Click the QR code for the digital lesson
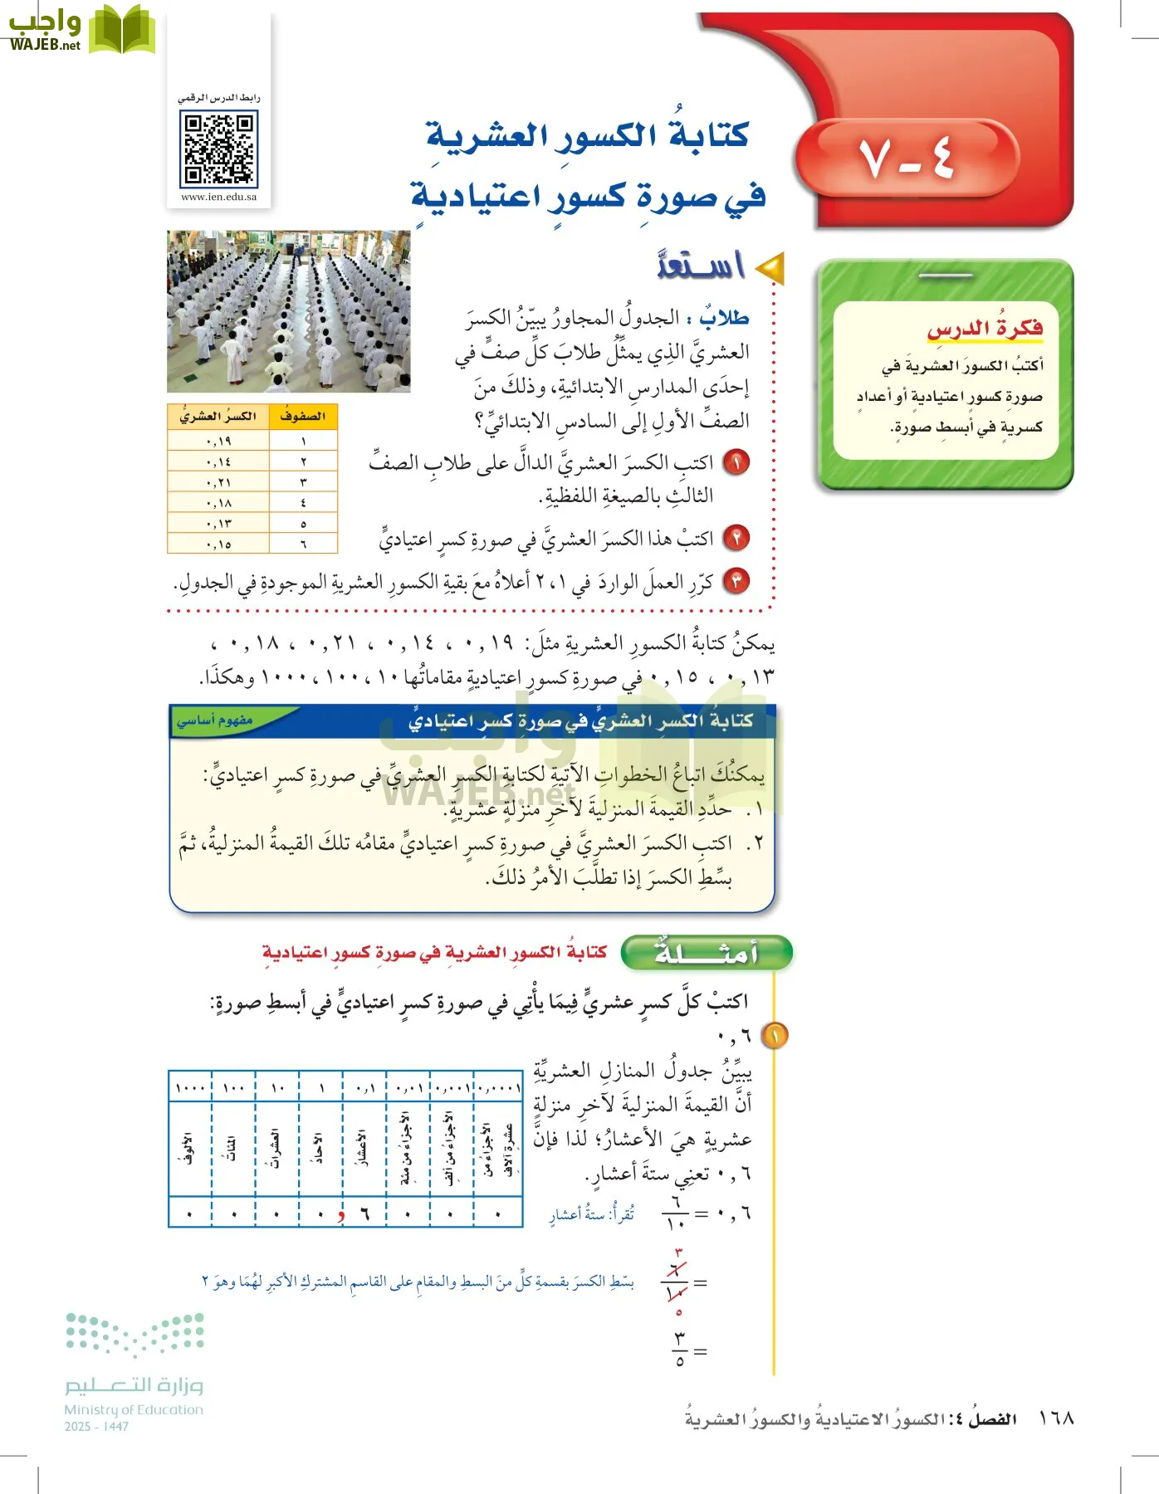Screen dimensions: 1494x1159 pos(219,149)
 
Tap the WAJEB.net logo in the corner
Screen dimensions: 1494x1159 pos(81,30)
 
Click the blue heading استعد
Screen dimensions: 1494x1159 pos(701,265)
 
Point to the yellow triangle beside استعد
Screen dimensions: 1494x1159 pos(770,267)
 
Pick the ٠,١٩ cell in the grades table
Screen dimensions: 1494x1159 pos(218,441)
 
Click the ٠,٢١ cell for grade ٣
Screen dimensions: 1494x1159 pos(218,482)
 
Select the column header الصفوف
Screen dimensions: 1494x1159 pos(303,417)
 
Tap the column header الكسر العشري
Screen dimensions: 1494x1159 pos(218,417)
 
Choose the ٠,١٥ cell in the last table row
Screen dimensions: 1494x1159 pos(218,544)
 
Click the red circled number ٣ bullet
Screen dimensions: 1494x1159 pos(736,581)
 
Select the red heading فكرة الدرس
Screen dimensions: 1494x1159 pos(985,329)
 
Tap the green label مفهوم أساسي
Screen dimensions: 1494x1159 pos(215,720)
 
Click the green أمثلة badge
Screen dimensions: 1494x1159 pos(707,953)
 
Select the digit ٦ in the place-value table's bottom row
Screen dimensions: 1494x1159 pos(364,1213)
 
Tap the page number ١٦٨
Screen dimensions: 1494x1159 pos(1056,1418)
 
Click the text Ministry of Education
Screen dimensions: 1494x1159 pos(134,1409)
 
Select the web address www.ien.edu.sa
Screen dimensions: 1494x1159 pos(219,198)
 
